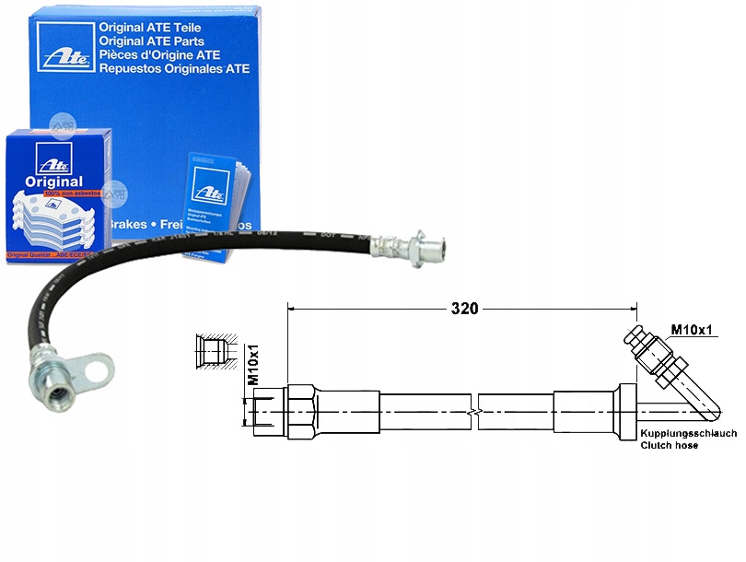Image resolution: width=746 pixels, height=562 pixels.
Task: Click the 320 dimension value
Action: click(x=464, y=309)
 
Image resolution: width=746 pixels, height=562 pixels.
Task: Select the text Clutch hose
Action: click(x=671, y=445)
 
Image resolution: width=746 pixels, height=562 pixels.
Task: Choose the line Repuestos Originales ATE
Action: click(x=175, y=69)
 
